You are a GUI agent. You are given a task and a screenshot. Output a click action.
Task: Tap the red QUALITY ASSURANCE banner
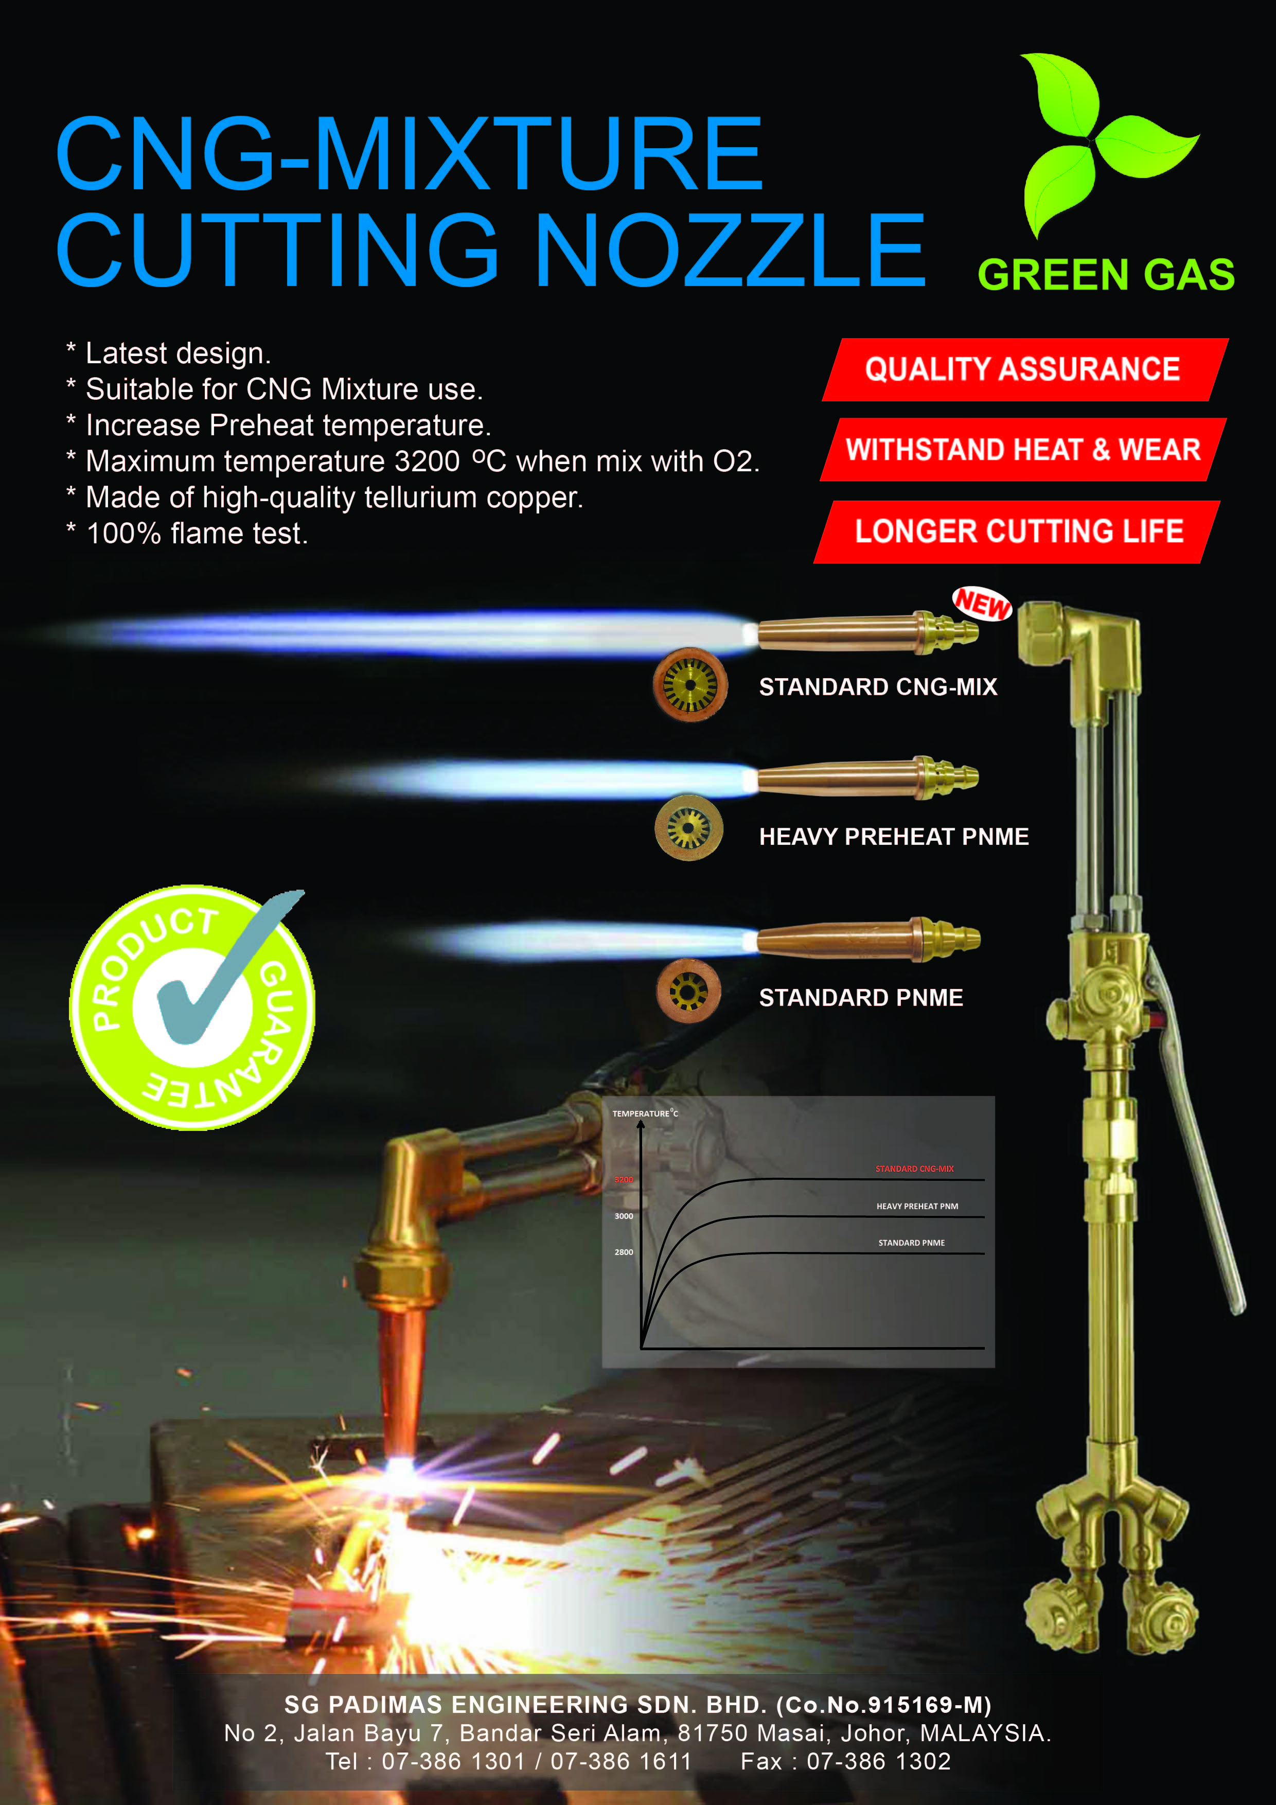coord(1024,369)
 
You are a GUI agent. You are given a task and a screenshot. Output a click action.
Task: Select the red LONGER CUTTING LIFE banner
coord(1017,532)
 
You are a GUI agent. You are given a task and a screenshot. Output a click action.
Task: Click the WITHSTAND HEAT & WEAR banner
coord(1023,450)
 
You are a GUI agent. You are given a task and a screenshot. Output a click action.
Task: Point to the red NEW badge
coord(982,604)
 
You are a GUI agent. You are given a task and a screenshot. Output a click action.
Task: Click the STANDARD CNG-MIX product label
coord(877,687)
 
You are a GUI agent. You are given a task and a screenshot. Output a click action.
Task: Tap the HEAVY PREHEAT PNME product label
coord(894,837)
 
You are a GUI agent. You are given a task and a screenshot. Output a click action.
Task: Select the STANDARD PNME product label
coord(861,998)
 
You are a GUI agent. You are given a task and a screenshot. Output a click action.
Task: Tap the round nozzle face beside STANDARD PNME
coord(688,990)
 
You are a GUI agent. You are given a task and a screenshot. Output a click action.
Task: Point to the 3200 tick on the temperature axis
coord(624,1179)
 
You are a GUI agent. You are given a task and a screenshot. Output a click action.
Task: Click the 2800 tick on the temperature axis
coord(624,1251)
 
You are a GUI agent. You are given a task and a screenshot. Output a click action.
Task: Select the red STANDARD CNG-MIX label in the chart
coord(914,1169)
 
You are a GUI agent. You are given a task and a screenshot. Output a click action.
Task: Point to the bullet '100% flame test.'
coord(187,534)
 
